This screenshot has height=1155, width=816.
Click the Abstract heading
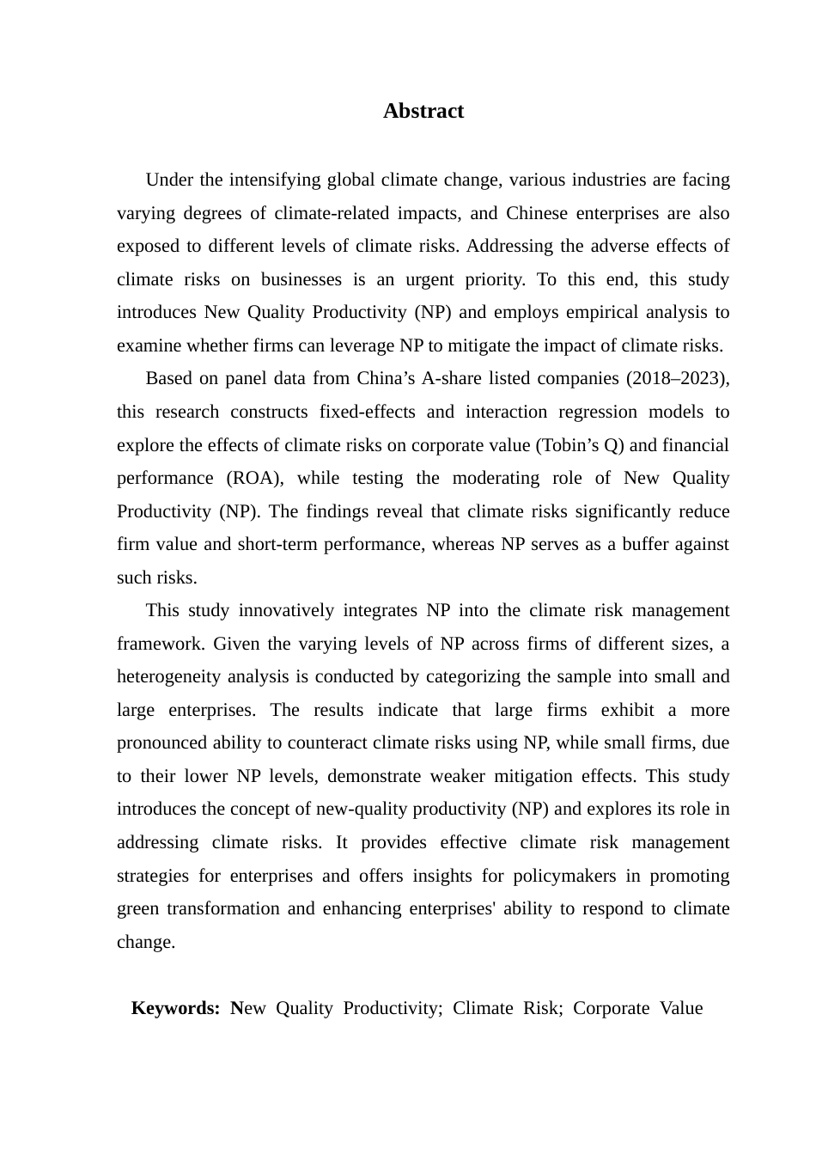(423, 111)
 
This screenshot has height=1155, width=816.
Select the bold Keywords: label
(175, 1008)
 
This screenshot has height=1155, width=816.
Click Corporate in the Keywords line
(611, 1008)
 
